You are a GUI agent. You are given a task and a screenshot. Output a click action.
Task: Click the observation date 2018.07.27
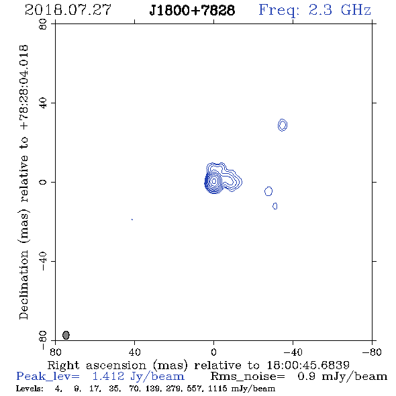pyautogui.click(x=68, y=10)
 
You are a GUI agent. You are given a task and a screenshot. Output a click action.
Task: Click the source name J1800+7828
pyautogui.click(x=192, y=11)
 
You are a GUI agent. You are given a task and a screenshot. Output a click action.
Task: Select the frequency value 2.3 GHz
pyautogui.click(x=340, y=10)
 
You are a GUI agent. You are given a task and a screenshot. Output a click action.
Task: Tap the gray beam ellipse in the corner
pyautogui.click(x=66, y=335)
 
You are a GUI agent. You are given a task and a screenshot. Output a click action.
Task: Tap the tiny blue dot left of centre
pyautogui.click(x=132, y=219)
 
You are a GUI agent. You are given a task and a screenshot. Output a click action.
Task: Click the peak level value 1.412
pyautogui.click(x=108, y=377)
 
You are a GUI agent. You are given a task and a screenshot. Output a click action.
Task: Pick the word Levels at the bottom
pyautogui.click(x=30, y=389)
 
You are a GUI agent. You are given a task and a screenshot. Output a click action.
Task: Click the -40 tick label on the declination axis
pyautogui.click(x=43, y=261)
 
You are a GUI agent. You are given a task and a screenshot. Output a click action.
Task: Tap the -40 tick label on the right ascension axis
pyautogui.click(x=293, y=352)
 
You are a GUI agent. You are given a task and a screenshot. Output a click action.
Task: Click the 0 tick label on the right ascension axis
pyautogui.click(x=213, y=352)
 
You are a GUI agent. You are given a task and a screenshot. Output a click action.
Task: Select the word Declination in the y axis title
pyautogui.click(x=23, y=285)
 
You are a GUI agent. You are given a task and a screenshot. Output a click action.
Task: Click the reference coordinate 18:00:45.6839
pyautogui.click(x=308, y=365)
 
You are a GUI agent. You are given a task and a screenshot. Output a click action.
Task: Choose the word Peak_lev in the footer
pyautogui.click(x=48, y=377)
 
